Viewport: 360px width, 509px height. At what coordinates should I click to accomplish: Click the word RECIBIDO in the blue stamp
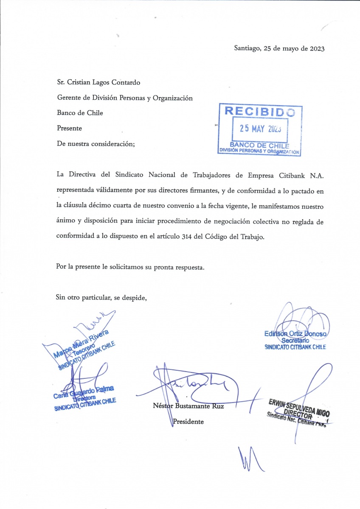[259, 112]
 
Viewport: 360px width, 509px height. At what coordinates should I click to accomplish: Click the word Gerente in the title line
[69, 98]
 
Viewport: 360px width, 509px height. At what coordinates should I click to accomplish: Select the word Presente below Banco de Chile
[69, 128]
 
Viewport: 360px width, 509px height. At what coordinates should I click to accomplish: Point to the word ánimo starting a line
[65, 222]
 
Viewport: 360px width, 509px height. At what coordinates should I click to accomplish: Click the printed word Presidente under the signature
[188, 422]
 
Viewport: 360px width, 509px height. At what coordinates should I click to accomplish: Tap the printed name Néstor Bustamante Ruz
[188, 406]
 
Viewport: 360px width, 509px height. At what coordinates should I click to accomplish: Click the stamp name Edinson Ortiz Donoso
[295, 334]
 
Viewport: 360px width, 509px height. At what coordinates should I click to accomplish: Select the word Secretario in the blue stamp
[295, 341]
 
